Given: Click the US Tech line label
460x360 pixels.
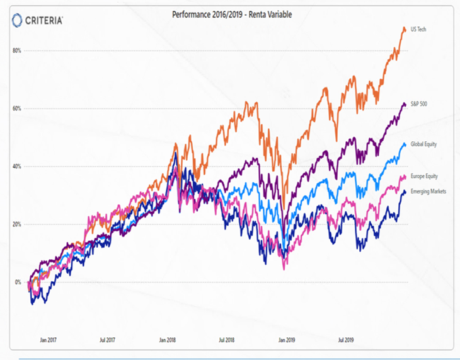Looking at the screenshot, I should (x=419, y=30).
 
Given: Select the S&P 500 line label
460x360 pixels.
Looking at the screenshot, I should (x=419, y=104).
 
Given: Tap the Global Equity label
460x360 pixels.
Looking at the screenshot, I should (x=423, y=144).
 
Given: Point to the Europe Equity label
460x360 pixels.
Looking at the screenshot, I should (x=423, y=176).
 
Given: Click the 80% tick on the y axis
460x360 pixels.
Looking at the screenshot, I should (x=17, y=50).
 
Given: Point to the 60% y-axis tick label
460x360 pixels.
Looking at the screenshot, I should (x=17, y=108).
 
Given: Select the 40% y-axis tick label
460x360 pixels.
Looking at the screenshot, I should (x=17, y=166).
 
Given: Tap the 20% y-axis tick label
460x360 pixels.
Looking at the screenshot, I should (x=17, y=224).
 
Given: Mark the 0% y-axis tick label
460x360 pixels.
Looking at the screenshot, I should (x=18, y=282).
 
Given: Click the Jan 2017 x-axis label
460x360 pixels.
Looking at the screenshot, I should (x=48, y=340).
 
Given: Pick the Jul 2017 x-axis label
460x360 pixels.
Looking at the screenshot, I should (x=107, y=340).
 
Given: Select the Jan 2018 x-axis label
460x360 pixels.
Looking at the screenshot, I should (x=167, y=340).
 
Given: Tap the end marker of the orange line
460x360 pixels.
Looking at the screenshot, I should (x=404, y=29).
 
